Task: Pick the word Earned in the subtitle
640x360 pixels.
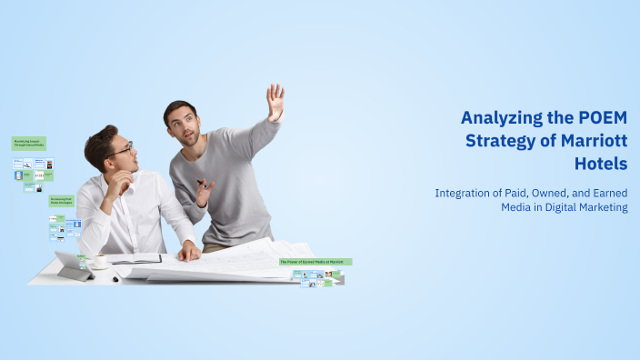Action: (x=604, y=193)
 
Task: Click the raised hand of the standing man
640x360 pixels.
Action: (x=275, y=100)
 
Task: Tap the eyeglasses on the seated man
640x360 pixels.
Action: (x=124, y=149)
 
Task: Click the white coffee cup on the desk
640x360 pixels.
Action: (x=98, y=261)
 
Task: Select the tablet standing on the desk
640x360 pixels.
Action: (x=72, y=265)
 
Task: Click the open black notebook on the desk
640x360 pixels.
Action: (x=135, y=259)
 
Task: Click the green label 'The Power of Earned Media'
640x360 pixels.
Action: (x=315, y=262)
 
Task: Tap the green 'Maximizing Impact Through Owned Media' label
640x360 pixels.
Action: (x=28, y=143)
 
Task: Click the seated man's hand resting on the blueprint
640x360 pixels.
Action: (x=189, y=251)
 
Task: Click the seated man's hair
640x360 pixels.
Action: (x=100, y=141)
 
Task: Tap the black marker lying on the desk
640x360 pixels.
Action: (x=115, y=278)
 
